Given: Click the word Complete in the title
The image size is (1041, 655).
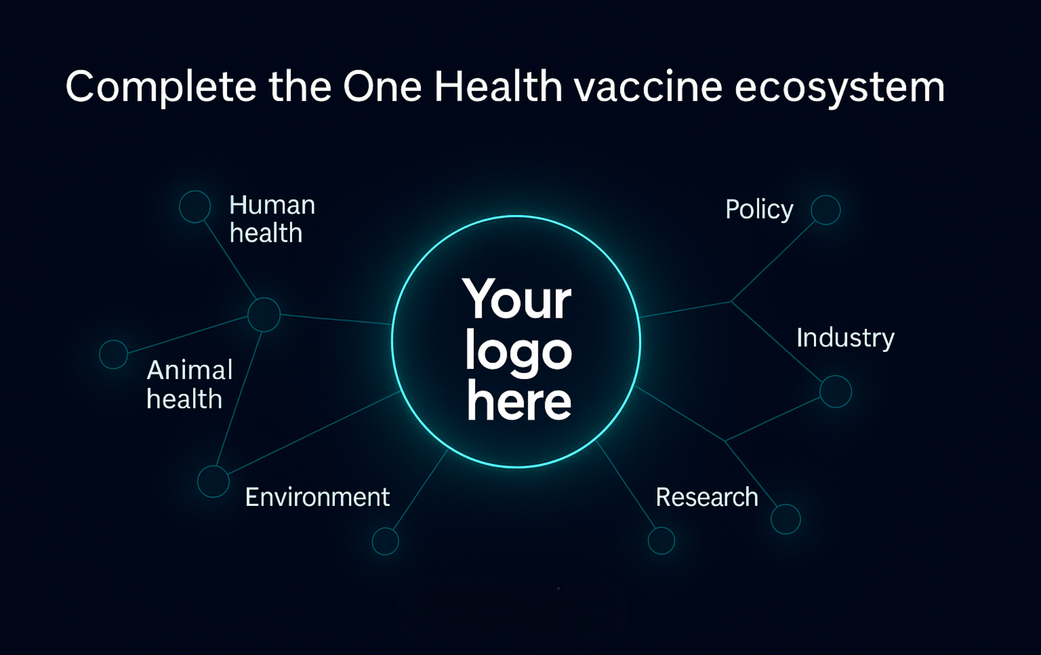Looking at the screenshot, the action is pyautogui.click(x=161, y=87).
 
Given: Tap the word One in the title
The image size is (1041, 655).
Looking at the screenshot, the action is pyautogui.click(x=382, y=87).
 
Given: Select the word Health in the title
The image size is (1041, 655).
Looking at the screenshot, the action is pyautogui.click(x=498, y=86).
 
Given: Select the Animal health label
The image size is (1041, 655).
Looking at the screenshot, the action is pyautogui.click(x=189, y=384).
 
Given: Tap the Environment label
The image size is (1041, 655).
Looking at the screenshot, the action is pyautogui.click(x=317, y=497).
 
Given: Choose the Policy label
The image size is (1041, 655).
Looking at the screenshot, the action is pyautogui.click(x=759, y=210).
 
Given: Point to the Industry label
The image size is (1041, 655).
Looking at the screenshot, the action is pyautogui.click(x=845, y=339).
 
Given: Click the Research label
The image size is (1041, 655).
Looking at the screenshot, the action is pyautogui.click(x=707, y=497).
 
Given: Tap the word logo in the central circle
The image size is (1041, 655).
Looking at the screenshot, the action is pyautogui.click(x=519, y=352).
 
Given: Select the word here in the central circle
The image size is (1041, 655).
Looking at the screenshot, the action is pyautogui.click(x=519, y=400).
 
